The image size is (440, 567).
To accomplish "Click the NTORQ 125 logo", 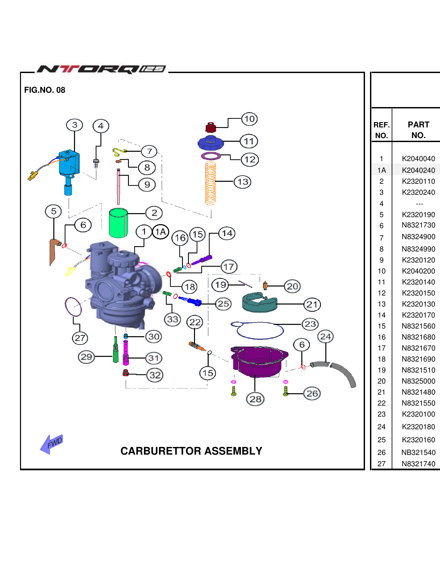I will pyautogui.click(x=101, y=69).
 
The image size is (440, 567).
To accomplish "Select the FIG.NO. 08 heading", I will pyautogui.click(x=45, y=90).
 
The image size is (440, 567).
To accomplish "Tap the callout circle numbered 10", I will pyautogui.click(x=249, y=119).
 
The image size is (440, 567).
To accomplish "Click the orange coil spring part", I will pyautogui.click(x=210, y=183).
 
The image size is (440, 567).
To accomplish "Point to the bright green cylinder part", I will pyautogui.click(x=118, y=223).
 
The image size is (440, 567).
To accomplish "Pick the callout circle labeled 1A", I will pyautogui.click(x=161, y=232).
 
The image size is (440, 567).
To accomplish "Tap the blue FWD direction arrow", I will pyautogui.click(x=51, y=444).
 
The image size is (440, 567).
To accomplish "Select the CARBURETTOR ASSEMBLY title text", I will pyautogui.click(x=191, y=451).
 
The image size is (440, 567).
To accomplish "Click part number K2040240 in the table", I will pyautogui.click(x=418, y=170).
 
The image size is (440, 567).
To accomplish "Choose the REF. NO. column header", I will pyautogui.click(x=381, y=130).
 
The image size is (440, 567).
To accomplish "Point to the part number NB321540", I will pyautogui.click(x=418, y=453).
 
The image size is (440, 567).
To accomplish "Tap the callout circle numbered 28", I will pyautogui.click(x=255, y=399).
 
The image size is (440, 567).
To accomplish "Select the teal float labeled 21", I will pyautogui.click(x=259, y=303).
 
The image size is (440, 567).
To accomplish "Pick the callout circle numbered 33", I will pyautogui.click(x=173, y=319).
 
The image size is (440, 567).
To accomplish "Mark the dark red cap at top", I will pyautogui.click(x=210, y=127).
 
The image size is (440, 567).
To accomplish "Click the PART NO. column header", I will pyautogui.click(x=418, y=130).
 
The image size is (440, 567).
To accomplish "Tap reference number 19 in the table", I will pyautogui.click(x=381, y=370).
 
